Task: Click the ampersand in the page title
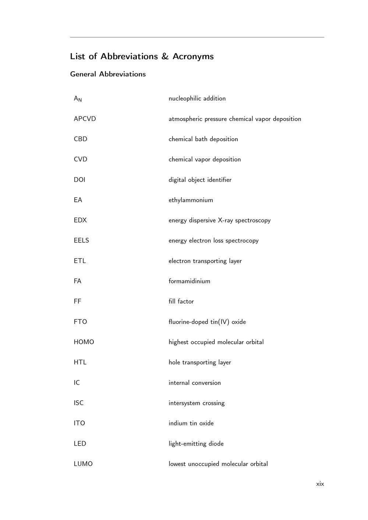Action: click(164, 56)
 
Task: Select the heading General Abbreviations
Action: click(108, 74)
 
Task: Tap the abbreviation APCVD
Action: click(85, 119)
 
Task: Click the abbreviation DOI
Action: click(79, 179)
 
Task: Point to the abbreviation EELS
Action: click(81, 241)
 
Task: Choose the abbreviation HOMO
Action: click(84, 342)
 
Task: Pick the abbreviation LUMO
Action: click(83, 464)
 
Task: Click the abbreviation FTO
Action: click(80, 322)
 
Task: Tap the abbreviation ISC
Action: click(79, 403)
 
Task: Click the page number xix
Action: click(320, 484)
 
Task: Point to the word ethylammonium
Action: click(191, 200)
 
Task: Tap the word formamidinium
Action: click(189, 281)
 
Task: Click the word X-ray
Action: click(225, 220)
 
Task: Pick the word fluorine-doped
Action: click(188, 322)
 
